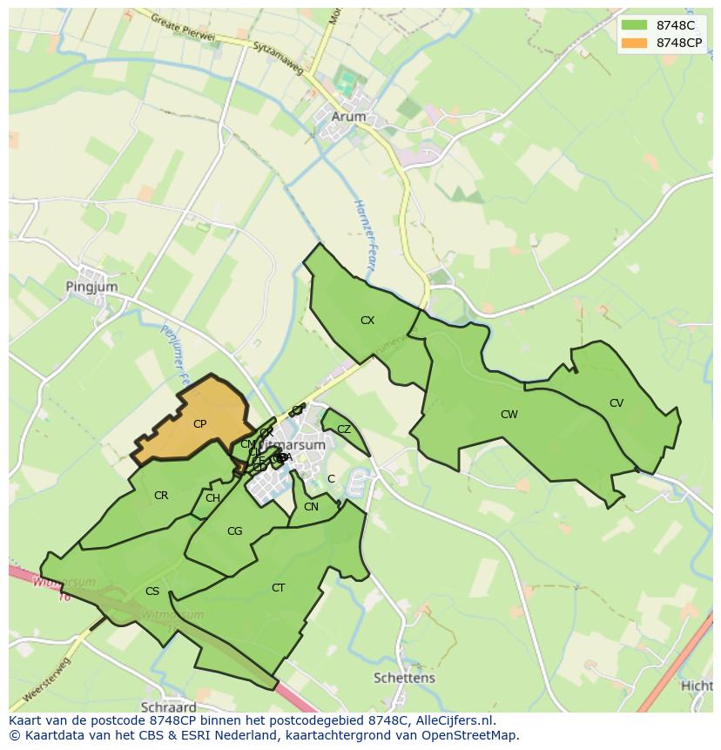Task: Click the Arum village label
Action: (349, 116)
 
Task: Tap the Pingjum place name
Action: (91, 286)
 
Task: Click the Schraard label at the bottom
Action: (168, 706)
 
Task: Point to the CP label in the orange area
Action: (199, 424)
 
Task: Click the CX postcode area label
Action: (367, 321)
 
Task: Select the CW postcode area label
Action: (509, 415)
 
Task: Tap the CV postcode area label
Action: (617, 403)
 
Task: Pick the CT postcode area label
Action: (278, 588)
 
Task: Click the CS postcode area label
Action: (152, 591)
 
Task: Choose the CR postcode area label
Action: (161, 496)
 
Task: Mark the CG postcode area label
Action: (234, 531)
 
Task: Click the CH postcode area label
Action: (212, 498)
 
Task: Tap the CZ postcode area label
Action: (344, 429)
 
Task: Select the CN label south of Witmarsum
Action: (311, 507)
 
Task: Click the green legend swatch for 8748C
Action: (635, 25)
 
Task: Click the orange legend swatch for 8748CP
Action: (635, 43)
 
